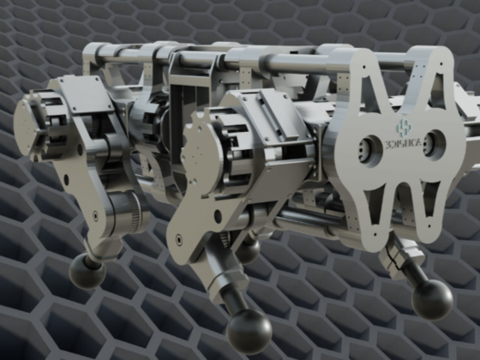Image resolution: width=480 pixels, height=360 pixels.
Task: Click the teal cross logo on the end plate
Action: coord(405,129)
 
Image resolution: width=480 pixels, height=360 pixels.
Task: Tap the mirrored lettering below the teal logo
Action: coord(404,143)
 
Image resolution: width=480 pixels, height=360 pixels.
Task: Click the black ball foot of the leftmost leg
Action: coord(87,271)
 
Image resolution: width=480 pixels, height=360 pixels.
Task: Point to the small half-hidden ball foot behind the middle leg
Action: coord(249,251)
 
